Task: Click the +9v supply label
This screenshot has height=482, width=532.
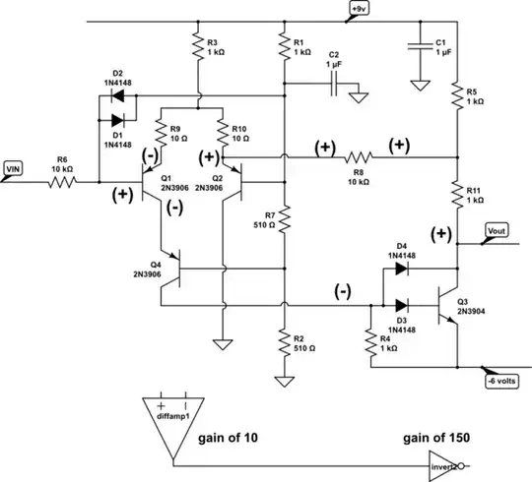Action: [x=357, y=11]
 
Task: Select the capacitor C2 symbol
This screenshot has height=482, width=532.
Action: [x=334, y=85]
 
